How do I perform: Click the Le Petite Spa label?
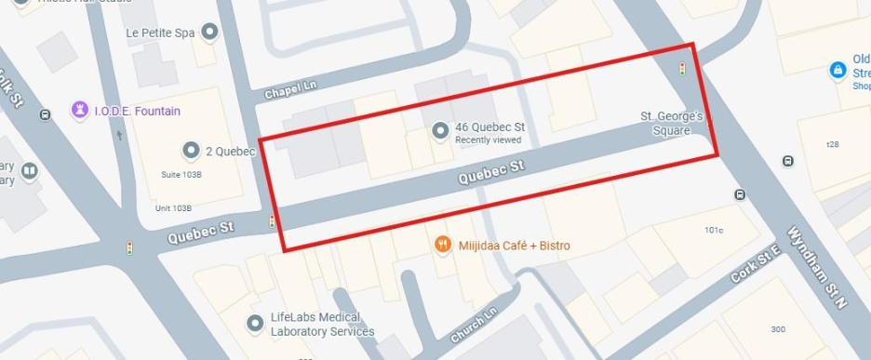(160, 33)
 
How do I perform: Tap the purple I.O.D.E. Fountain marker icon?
(81, 111)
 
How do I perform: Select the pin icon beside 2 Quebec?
(192, 150)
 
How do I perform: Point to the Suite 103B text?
(181, 174)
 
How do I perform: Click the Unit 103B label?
(174, 208)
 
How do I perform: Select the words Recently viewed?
(488, 140)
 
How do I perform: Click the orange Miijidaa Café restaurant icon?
(443, 246)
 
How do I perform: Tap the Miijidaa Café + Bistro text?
(514, 247)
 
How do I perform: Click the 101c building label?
(714, 229)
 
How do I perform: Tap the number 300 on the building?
(777, 329)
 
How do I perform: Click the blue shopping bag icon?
(837, 71)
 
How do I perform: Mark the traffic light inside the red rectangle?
(682, 69)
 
